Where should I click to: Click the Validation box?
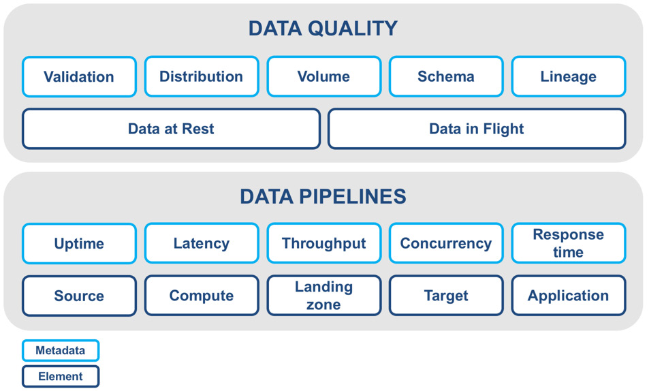tap(79, 76)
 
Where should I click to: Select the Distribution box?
tap(202, 76)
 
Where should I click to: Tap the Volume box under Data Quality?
tap(323, 76)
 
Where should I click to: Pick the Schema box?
tap(446, 76)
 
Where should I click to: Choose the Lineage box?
tap(568, 76)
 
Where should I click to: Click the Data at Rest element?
tap(171, 129)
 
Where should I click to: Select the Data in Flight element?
tap(476, 129)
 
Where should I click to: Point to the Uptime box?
tap(79, 243)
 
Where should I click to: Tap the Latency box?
tap(202, 243)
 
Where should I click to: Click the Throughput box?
tap(323, 243)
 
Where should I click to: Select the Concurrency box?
tap(446, 243)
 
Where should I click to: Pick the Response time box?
tap(568, 243)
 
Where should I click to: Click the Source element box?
tap(79, 296)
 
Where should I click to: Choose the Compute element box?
tap(202, 296)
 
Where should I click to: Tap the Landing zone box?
tap(323, 296)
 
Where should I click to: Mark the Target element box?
tap(446, 296)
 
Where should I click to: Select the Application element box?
tap(568, 296)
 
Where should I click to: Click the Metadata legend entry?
tap(61, 351)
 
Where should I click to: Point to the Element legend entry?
tap(61, 376)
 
